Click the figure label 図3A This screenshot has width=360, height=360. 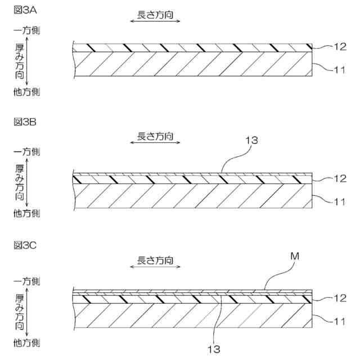[x=24, y=10]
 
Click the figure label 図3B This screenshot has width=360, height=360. [x=24, y=121]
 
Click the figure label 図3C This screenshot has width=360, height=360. [x=24, y=245]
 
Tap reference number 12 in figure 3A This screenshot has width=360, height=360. [x=339, y=47]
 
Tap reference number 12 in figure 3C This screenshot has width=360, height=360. [x=339, y=298]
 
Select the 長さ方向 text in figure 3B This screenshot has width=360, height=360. [x=155, y=136]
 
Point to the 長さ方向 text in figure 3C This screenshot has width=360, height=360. [x=155, y=260]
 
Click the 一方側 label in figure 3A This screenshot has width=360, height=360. [x=26, y=29]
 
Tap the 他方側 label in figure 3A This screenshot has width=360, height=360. [x=26, y=91]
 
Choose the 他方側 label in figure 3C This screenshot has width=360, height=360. [x=26, y=342]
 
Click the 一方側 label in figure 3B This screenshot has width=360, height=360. [x=26, y=152]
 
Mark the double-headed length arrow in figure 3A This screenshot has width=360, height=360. [x=155, y=21]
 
